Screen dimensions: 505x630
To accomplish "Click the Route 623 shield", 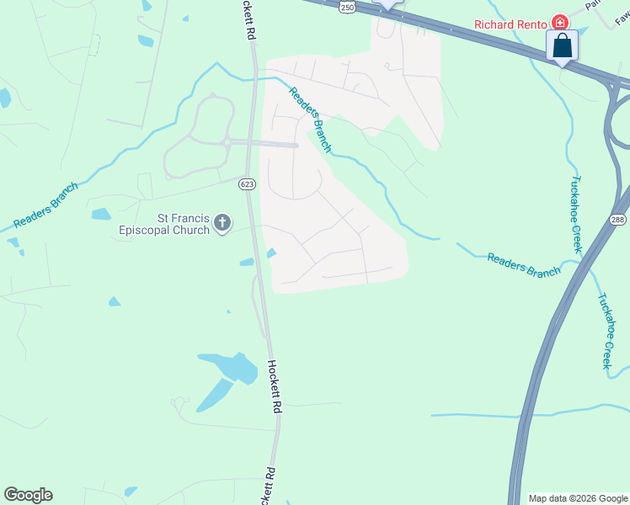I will point(246,183).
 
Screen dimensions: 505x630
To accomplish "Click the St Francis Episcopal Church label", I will point(166,223).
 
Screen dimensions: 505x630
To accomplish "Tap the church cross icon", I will point(222,223).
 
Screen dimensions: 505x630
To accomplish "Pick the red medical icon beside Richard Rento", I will point(558,22).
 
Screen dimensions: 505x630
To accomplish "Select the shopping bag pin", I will point(562,46).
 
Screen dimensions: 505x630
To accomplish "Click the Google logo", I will point(28,495).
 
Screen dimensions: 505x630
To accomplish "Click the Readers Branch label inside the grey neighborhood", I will point(311,120).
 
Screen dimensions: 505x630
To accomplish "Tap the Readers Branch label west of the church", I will point(46,205).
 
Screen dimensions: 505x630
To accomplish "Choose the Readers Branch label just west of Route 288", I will point(523,264).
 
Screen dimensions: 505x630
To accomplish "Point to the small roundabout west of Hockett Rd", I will point(227,142).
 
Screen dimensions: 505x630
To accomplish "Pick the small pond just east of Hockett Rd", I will point(270,252).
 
